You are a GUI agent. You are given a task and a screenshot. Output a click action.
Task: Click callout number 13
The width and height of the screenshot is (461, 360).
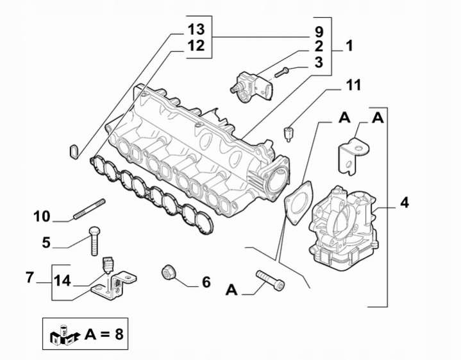coord(196,30)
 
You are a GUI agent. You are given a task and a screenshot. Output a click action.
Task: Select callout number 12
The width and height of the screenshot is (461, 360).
coord(196,46)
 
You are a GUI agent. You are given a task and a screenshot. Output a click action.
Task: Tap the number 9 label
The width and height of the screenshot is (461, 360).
coord(319,31)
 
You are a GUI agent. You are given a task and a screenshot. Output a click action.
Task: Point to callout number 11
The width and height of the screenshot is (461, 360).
coord(354,85)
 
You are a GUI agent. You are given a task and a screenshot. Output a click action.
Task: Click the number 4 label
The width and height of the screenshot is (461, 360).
coord(404,203)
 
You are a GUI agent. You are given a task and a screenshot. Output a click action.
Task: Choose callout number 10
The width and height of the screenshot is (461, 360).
coord(42,216)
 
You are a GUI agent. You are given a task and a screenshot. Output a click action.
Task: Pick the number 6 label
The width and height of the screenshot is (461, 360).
coord(206,282)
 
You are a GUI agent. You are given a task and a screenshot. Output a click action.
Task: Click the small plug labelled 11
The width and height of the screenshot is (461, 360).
coord(289,133)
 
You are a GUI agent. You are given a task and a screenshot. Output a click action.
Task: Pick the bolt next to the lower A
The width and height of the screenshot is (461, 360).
coord(271,280)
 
